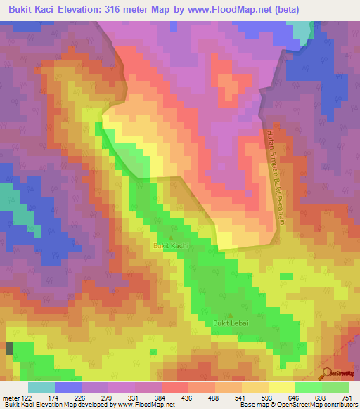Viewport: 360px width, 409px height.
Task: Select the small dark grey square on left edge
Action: [x=10, y=348]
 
